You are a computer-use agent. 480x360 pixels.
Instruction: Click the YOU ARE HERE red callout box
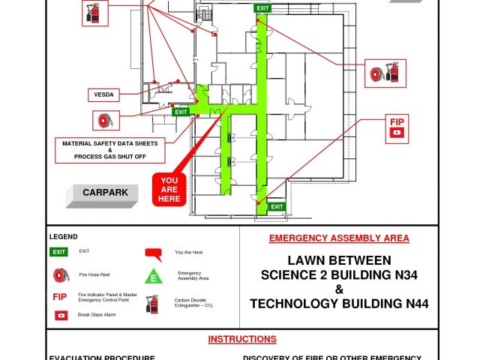(x=169, y=190)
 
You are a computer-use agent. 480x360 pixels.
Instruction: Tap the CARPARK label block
(x=102, y=196)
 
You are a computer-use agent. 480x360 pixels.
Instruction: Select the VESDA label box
(x=103, y=95)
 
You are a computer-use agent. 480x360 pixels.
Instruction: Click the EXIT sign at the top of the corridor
(x=262, y=8)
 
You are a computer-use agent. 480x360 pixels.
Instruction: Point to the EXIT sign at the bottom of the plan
(x=277, y=207)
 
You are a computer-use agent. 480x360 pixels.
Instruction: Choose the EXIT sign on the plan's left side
(x=181, y=112)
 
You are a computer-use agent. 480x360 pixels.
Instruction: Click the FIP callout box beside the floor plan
(x=397, y=129)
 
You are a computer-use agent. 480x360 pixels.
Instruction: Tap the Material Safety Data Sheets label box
(x=110, y=150)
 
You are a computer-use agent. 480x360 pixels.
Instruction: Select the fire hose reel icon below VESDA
(x=106, y=121)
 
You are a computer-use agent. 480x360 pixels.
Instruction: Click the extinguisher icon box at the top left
(x=95, y=13)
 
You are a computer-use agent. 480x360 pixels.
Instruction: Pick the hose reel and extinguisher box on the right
(x=385, y=73)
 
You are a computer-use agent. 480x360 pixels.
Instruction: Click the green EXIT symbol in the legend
(x=58, y=252)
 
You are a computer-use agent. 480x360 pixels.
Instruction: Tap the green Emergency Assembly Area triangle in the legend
(x=154, y=276)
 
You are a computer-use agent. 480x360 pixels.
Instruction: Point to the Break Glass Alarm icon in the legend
(x=61, y=315)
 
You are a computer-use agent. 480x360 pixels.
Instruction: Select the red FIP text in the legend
(x=60, y=297)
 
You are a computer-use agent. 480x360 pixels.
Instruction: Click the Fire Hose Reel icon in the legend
(x=61, y=275)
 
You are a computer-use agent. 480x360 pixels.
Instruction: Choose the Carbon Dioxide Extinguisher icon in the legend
(x=152, y=304)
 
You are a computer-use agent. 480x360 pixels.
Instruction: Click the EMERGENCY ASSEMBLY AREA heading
(x=339, y=238)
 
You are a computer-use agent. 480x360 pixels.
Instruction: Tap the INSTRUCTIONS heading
(x=242, y=339)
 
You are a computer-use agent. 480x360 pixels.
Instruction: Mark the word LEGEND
(x=63, y=237)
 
